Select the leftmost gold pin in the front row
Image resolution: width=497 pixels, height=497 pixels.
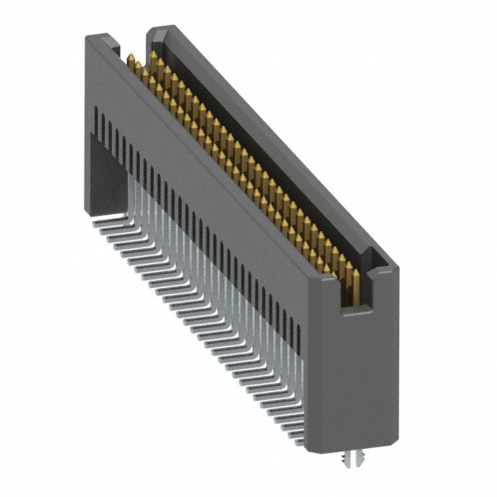point(130,62)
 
